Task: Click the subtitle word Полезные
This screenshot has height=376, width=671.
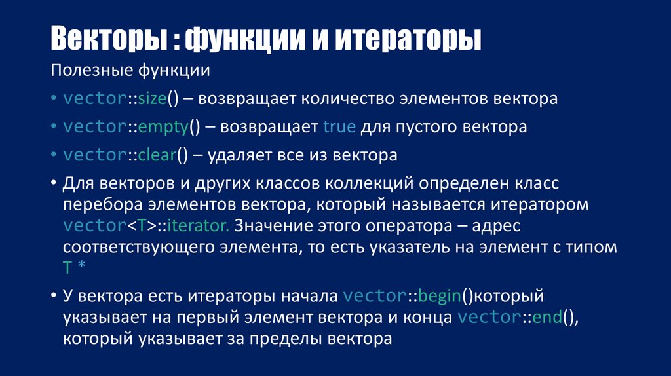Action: [x=90, y=69]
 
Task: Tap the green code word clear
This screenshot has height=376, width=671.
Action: [x=157, y=155]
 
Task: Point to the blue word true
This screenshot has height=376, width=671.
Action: [x=339, y=127]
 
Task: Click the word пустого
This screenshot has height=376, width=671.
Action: [x=429, y=127]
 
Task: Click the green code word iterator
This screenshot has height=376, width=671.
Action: [x=197, y=226]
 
